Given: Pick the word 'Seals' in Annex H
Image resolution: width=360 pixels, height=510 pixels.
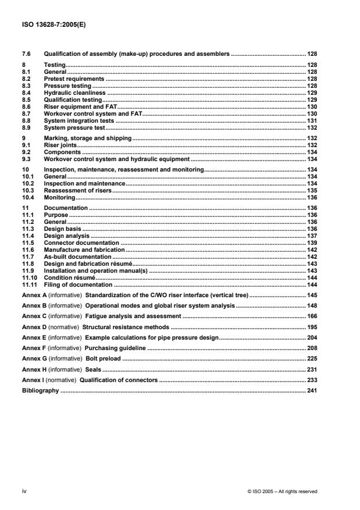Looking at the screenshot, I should [93, 369].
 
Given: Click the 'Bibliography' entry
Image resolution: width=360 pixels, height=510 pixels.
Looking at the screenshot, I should [40, 390].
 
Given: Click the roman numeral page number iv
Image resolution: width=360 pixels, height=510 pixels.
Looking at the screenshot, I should [24, 491].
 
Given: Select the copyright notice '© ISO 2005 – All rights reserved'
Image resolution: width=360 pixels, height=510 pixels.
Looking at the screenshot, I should [282, 491].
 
